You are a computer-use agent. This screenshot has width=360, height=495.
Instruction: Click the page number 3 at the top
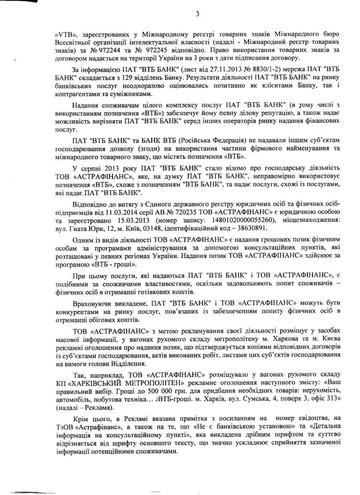198,14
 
